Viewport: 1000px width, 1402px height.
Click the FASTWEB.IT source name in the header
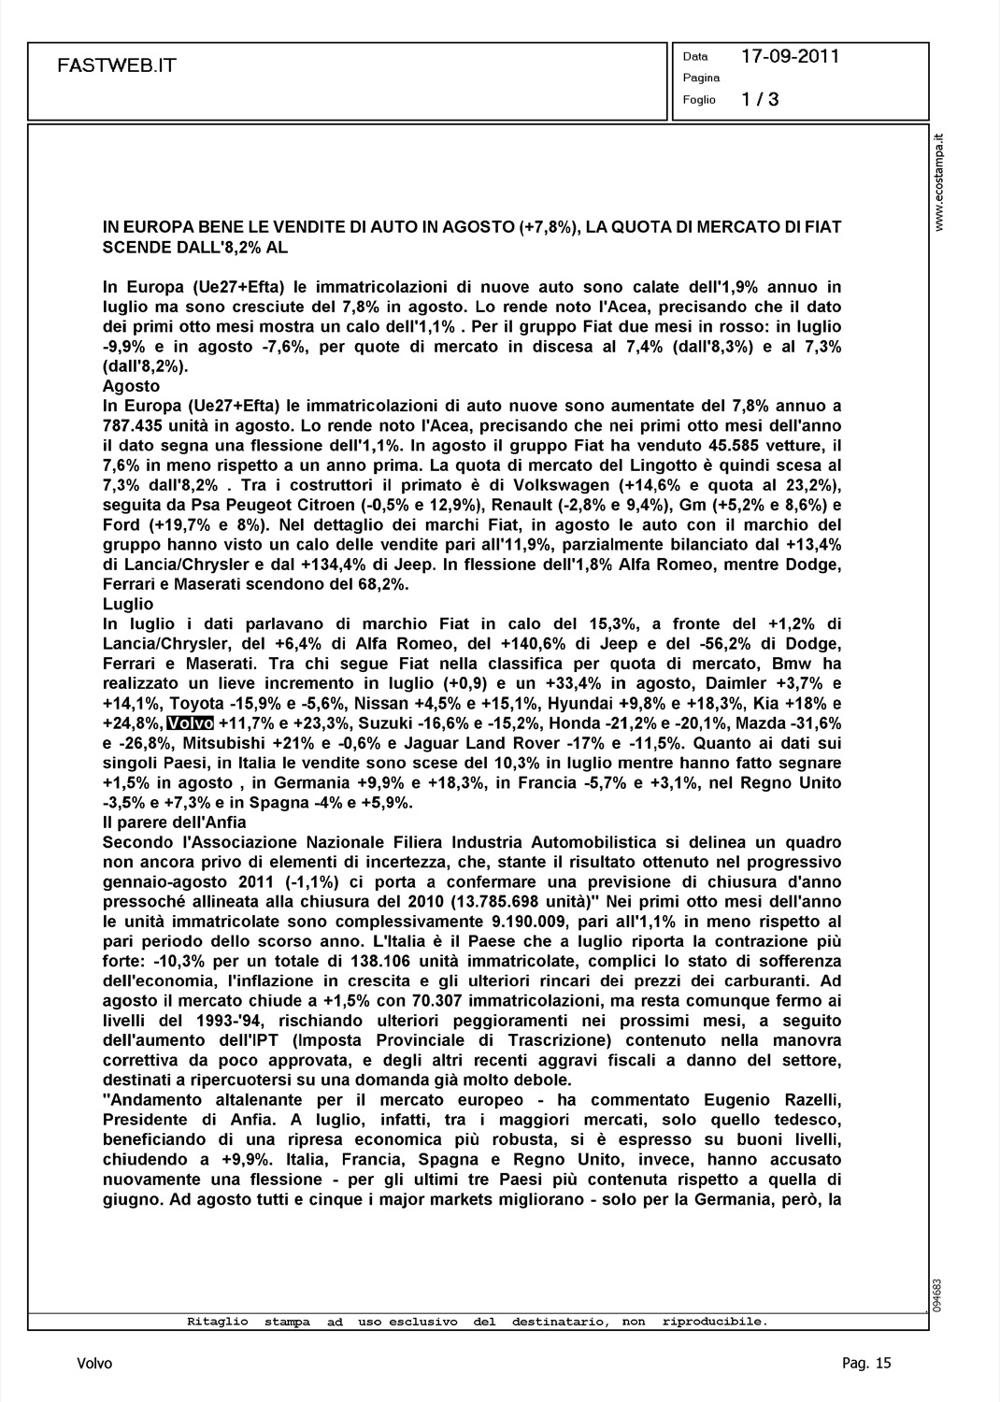click(x=116, y=66)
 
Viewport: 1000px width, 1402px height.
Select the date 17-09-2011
click(x=790, y=56)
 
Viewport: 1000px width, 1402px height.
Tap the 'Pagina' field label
click(x=701, y=78)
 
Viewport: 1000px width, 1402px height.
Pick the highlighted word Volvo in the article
click(x=191, y=722)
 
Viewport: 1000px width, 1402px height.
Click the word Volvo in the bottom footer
click(x=94, y=1363)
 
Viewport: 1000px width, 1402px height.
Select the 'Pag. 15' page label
click(x=866, y=1363)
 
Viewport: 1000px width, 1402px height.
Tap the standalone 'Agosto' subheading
click(x=131, y=386)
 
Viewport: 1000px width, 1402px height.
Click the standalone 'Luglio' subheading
click(x=128, y=605)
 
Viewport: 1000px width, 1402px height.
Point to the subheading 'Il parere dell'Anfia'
click(x=175, y=823)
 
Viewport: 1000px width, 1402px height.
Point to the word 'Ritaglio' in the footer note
click(x=218, y=1322)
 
